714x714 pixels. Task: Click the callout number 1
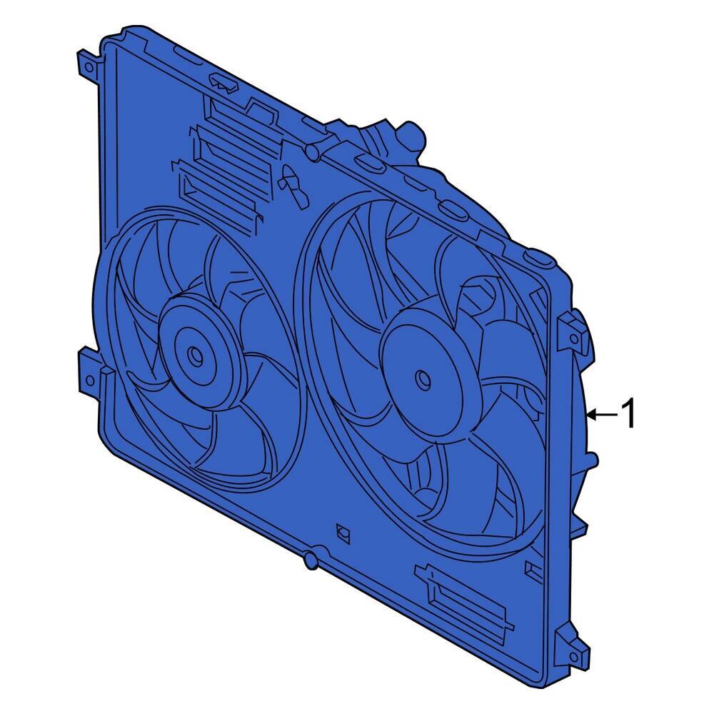point(628,414)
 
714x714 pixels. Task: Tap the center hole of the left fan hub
point(194,354)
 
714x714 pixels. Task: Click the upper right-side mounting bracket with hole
point(573,328)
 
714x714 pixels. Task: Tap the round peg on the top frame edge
point(311,151)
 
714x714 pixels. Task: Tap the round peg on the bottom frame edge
point(311,562)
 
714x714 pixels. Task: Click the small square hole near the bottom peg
point(342,532)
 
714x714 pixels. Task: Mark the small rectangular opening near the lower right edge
point(533,569)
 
